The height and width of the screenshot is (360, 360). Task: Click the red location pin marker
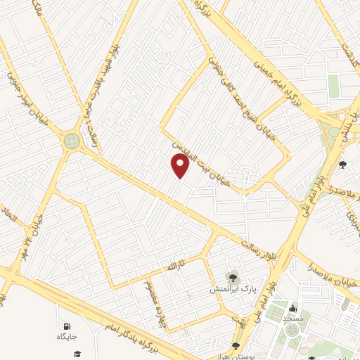pos(181,166)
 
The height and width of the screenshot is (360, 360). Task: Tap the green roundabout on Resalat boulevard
pos(71,141)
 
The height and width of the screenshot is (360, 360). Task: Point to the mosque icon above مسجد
pos(292,308)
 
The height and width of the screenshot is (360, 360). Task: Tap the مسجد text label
pos(292,319)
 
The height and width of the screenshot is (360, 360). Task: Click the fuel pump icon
pos(67,327)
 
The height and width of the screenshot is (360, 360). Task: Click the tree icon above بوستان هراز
pos(236,346)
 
